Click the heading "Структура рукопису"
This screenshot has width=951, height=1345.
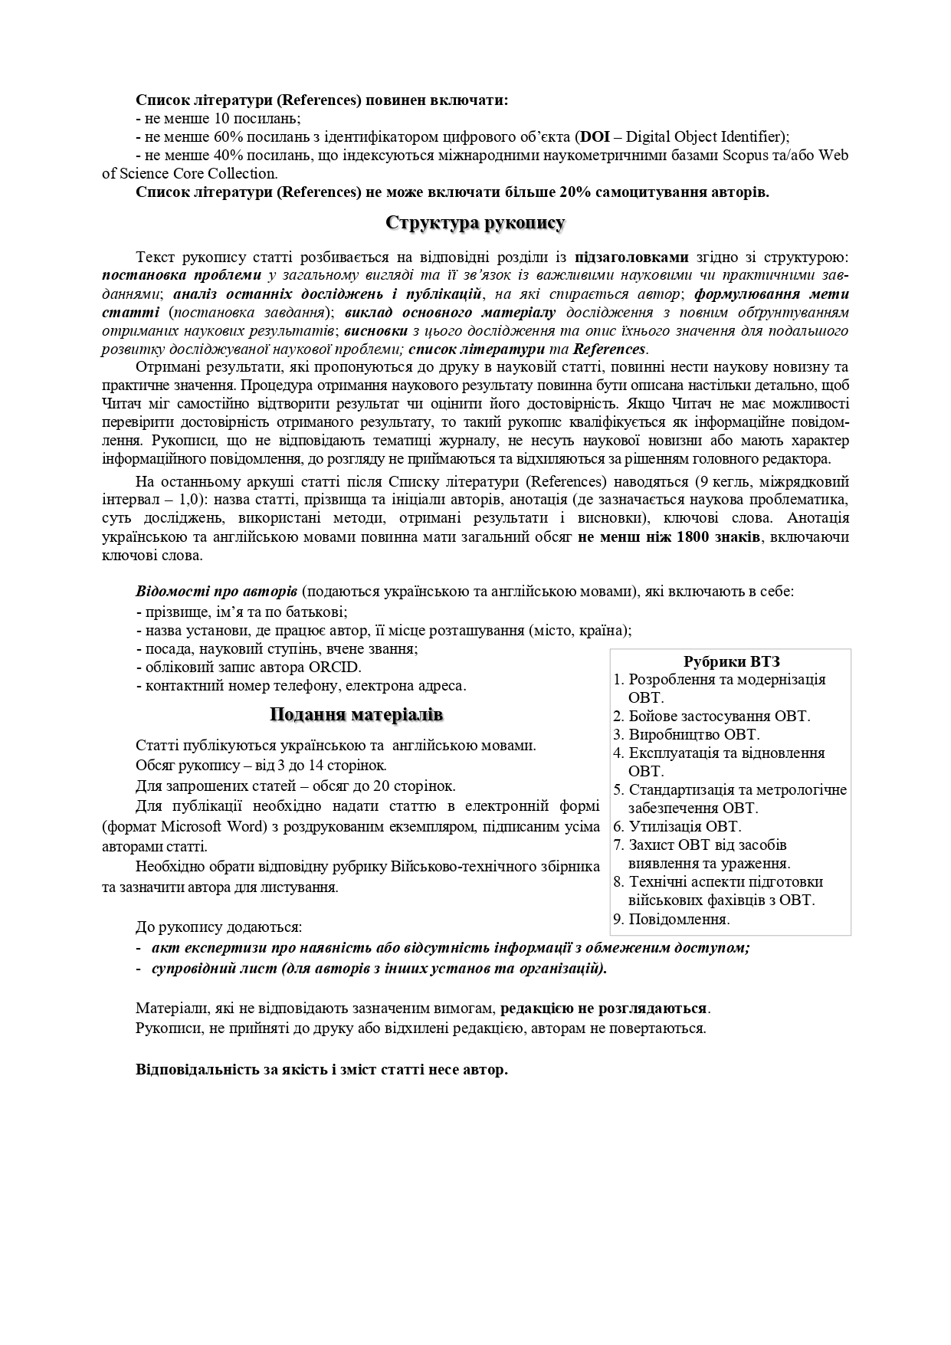[x=475, y=223]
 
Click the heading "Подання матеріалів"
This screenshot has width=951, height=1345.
[x=356, y=715]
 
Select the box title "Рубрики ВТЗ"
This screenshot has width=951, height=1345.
[x=731, y=661]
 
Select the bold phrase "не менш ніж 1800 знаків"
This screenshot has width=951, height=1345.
[x=669, y=537]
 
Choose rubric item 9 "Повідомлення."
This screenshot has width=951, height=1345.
[x=679, y=919]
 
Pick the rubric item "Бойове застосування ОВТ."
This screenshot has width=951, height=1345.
[x=719, y=717]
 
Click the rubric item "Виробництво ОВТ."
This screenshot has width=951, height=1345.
[x=694, y=735]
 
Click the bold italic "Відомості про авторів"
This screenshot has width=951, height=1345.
[x=217, y=592]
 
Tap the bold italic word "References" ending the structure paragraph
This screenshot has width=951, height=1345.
[x=609, y=349]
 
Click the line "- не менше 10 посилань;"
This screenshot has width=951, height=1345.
[x=218, y=119]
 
